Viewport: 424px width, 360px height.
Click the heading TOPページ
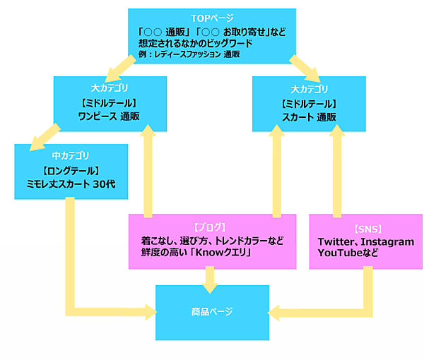coord(211,17)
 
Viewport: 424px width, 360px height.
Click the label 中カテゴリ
coord(71,154)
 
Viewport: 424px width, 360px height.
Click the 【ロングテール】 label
coord(71,169)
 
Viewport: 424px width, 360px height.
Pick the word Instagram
coord(389,241)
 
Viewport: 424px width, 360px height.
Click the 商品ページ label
coord(211,311)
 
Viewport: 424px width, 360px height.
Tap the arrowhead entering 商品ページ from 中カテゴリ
coord(149,311)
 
